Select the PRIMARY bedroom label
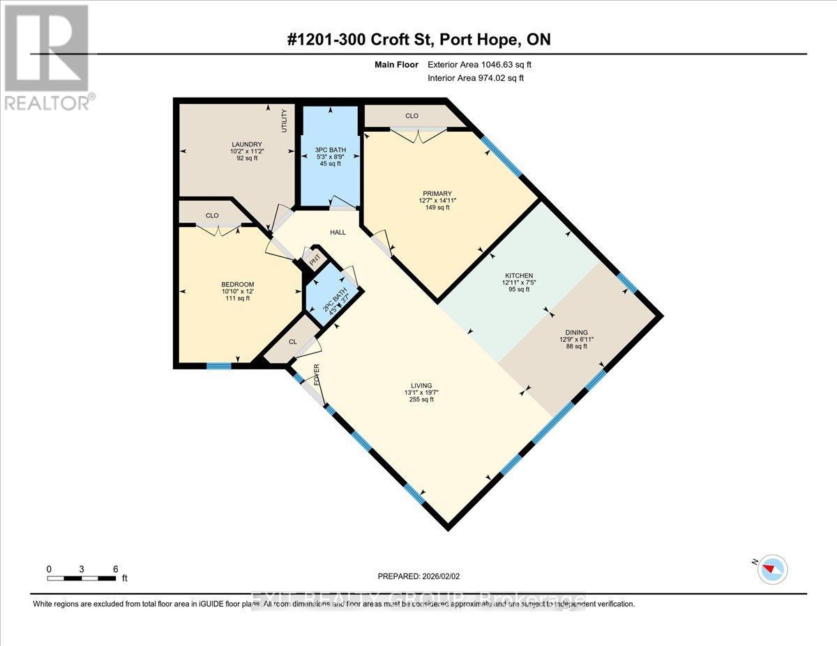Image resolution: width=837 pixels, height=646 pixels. (x=437, y=194)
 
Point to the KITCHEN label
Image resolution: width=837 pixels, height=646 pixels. (x=518, y=276)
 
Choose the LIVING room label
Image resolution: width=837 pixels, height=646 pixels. (x=421, y=385)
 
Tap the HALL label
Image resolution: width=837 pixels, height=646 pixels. (x=338, y=232)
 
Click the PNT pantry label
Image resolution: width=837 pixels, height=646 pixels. (x=315, y=259)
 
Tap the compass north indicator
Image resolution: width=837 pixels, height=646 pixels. (x=773, y=568)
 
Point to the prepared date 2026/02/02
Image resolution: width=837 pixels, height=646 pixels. (x=418, y=576)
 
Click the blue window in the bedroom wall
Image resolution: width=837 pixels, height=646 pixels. (x=219, y=365)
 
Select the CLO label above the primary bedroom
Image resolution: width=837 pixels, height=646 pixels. (x=412, y=116)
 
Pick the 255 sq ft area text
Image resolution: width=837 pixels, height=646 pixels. (x=421, y=399)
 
